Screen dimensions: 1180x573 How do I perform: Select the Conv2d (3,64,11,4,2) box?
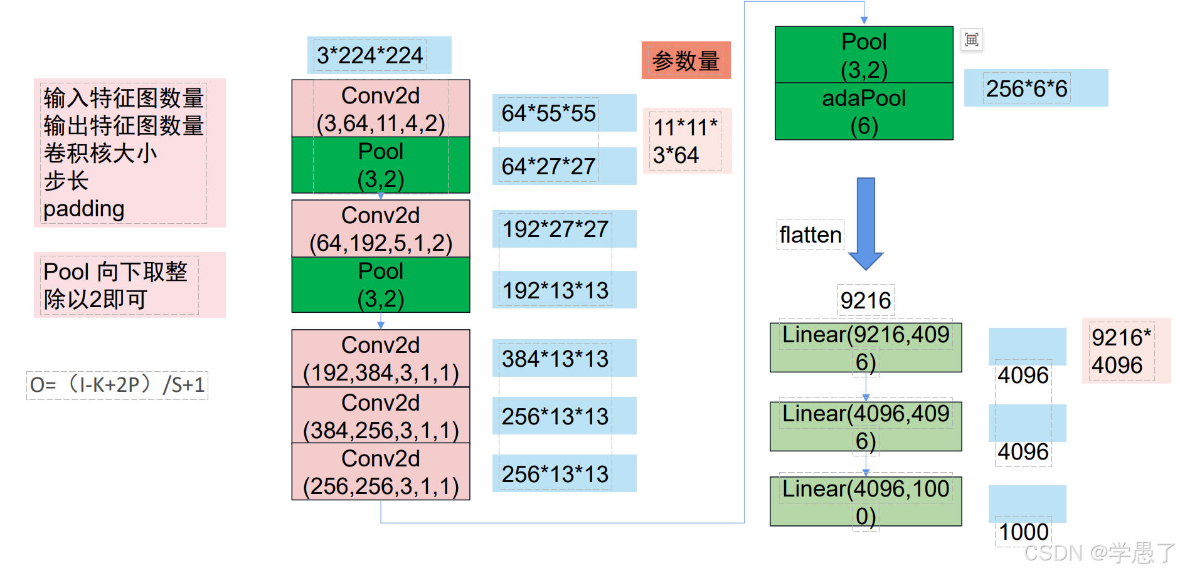point(381,108)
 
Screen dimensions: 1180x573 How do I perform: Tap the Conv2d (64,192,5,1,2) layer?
point(381,228)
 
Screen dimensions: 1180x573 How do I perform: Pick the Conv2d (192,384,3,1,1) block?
point(381,359)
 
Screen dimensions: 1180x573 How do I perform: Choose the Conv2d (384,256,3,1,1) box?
point(381,416)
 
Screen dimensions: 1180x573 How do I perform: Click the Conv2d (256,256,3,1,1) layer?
point(381,471)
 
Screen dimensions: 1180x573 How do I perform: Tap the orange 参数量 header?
point(686,60)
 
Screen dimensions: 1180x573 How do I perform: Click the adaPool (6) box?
point(864,112)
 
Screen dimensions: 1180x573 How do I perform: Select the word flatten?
point(811,234)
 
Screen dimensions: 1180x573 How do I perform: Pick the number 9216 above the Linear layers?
point(866,300)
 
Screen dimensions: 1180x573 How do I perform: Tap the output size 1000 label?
point(1024,532)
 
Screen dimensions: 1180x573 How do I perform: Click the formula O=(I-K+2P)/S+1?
point(117,384)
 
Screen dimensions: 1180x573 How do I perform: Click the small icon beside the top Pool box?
point(972,40)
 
